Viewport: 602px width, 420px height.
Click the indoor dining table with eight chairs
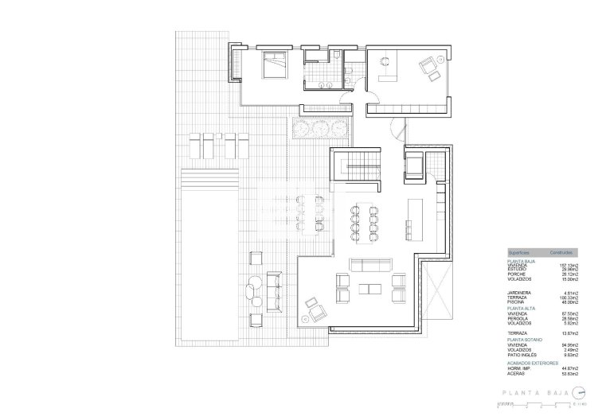tap(363, 220)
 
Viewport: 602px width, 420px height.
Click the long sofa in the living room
tap(372, 266)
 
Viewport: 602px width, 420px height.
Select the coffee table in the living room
tap(372, 287)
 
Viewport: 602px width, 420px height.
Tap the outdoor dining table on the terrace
tap(311, 214)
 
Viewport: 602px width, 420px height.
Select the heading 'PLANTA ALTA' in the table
tap(522, 307)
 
